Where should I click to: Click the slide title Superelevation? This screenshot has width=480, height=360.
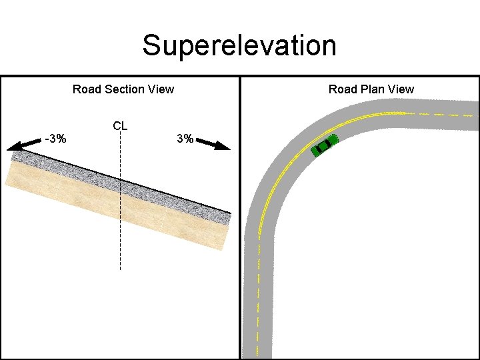click(x=239, y=46)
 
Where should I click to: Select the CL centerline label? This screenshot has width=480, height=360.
click(x=121, y=125)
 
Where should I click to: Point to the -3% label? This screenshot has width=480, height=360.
click(x=55, y=139)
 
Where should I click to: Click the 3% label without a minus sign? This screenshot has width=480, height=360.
click(x=185, y=139)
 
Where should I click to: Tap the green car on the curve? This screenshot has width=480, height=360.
click(x=325, y=145)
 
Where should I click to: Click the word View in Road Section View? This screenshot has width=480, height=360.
click(x=161, y=89)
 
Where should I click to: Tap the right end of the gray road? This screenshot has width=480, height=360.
click(x=474, y=115)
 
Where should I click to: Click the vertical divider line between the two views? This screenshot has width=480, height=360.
click(x=240, y=220)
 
